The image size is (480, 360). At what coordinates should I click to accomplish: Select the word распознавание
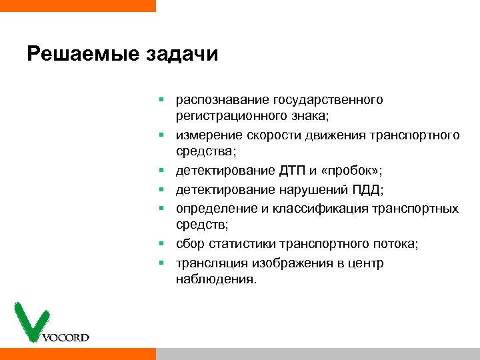click(222, 100)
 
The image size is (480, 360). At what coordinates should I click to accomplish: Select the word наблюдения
click(215, 279)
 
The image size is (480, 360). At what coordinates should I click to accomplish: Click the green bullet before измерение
click(161, 136)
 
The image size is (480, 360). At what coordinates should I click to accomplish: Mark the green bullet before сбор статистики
click(161, 245)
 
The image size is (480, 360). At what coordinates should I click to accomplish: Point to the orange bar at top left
click(77, 5)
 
